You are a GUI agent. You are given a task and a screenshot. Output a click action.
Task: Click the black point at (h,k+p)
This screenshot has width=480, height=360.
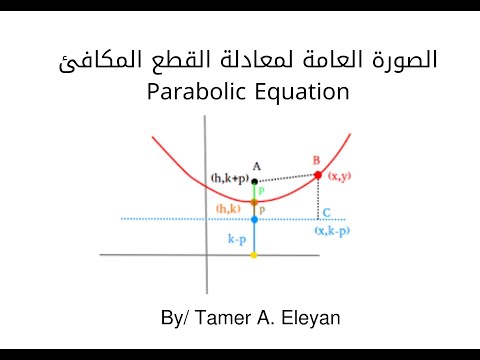coord(254,181)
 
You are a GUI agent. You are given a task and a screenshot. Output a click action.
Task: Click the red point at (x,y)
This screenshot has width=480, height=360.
coord(318,175)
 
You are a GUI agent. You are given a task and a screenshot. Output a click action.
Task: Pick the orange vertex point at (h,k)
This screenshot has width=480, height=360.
coord(254,202)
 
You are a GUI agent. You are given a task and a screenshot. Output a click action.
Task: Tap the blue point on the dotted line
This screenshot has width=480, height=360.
coord(254,218)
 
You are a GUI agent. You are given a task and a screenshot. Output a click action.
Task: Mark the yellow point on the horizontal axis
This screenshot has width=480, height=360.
coord(254,256)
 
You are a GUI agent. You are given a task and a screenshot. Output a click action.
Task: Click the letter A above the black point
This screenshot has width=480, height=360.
coord(256,166)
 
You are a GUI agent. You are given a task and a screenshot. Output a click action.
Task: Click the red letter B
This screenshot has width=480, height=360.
coord(317,160)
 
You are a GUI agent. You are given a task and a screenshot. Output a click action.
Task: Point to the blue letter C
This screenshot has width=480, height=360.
coord(327,212)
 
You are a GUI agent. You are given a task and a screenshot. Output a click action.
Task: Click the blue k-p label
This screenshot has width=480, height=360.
coord(237,240)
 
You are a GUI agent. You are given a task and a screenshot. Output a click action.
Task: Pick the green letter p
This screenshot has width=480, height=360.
coord(261,190)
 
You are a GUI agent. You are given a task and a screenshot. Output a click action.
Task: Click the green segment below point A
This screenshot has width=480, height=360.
coord(254,192)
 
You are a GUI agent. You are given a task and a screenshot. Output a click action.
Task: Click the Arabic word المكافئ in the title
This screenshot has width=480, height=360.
coord(94,58)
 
